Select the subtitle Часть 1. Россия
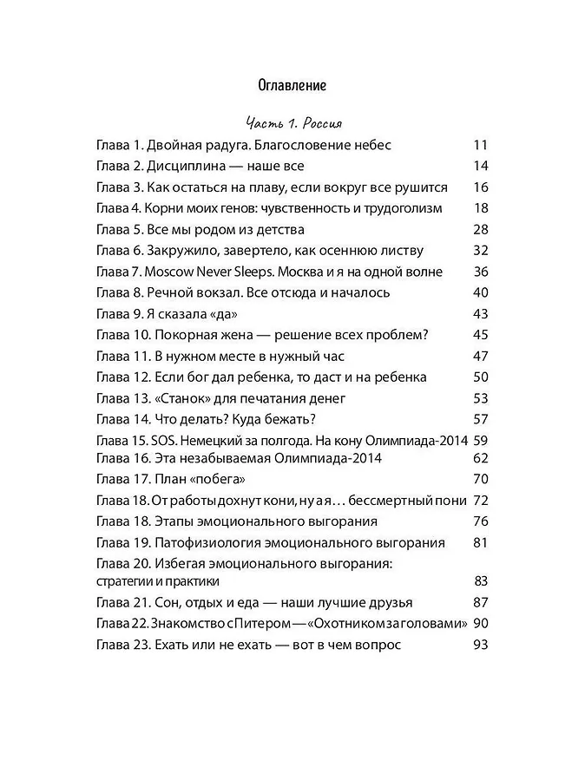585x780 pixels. click(x=292, y=122)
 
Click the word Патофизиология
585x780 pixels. click(x=207, y=542)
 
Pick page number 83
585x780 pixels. click(x=482, y=580)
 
